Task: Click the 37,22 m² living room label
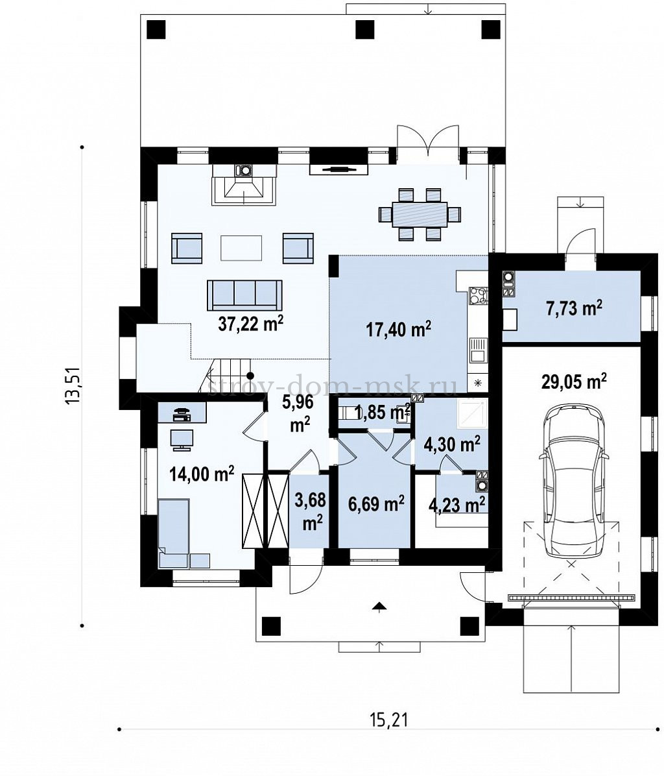tap(251, 324)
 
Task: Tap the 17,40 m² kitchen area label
tap(399, 328)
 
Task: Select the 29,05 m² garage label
tap(573, 381)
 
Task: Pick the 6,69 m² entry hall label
tap(376, 503)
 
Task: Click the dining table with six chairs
tap(420, 214)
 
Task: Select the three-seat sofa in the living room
tap(244, 295)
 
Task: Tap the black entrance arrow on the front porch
tap(379, 607)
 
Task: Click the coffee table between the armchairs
tap(242, 248)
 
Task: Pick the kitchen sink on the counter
tap(478, 350)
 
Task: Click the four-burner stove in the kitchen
tap(478, 295)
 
